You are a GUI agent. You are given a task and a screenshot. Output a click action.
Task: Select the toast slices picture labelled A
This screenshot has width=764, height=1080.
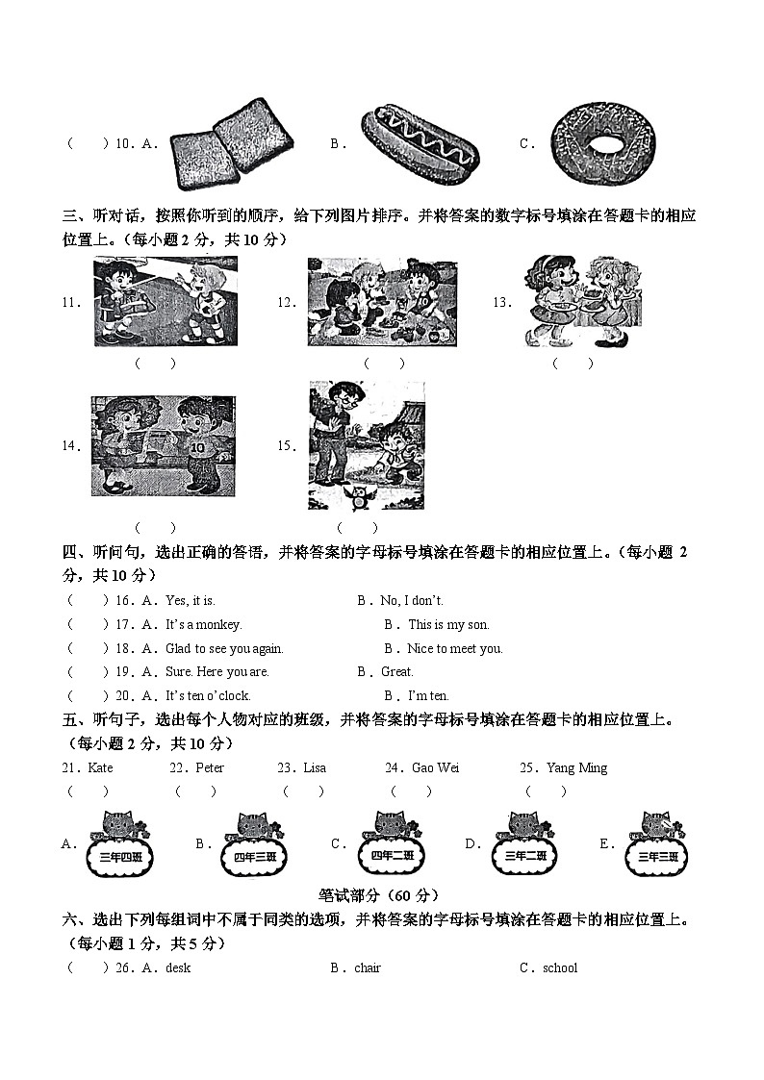click(x=231, y=144)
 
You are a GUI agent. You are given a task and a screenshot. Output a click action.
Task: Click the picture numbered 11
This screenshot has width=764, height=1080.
click(x=166, y=301)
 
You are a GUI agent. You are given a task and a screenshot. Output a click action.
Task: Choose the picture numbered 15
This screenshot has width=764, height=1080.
click(x=366, y=444)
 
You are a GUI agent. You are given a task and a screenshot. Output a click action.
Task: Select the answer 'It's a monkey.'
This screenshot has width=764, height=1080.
click(x=204, y=624)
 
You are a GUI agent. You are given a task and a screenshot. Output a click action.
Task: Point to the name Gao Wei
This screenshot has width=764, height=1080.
click(x=435, y=767)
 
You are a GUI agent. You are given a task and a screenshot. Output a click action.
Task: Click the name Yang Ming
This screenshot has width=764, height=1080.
click(x=576, y=767)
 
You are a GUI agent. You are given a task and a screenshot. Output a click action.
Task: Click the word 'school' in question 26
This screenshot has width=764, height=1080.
click(x=560, y=967)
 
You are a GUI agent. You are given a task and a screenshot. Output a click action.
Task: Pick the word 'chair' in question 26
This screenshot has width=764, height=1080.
click(x=368, y=967)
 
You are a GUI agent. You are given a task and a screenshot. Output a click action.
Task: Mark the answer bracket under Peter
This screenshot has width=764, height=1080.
click(x=195, y=791)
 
